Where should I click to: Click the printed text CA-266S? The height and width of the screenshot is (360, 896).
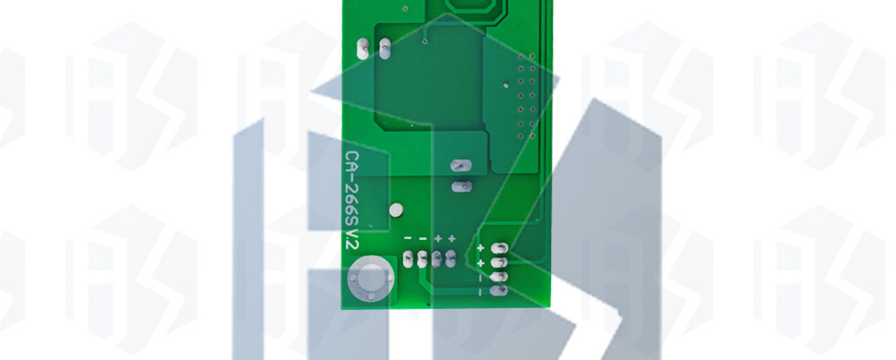352,188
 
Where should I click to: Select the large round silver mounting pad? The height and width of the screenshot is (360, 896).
371,280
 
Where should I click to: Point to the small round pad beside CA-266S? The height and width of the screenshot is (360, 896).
395,210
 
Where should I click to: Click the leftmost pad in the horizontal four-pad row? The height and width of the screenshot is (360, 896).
408,259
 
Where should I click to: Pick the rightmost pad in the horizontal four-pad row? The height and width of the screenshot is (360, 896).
451,258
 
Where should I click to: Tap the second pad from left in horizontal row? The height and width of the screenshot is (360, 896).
422,259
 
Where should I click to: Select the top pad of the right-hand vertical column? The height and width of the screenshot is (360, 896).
499,248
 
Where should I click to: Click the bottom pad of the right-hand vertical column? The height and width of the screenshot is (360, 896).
499,290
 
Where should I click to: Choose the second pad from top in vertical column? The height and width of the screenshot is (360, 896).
499,262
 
